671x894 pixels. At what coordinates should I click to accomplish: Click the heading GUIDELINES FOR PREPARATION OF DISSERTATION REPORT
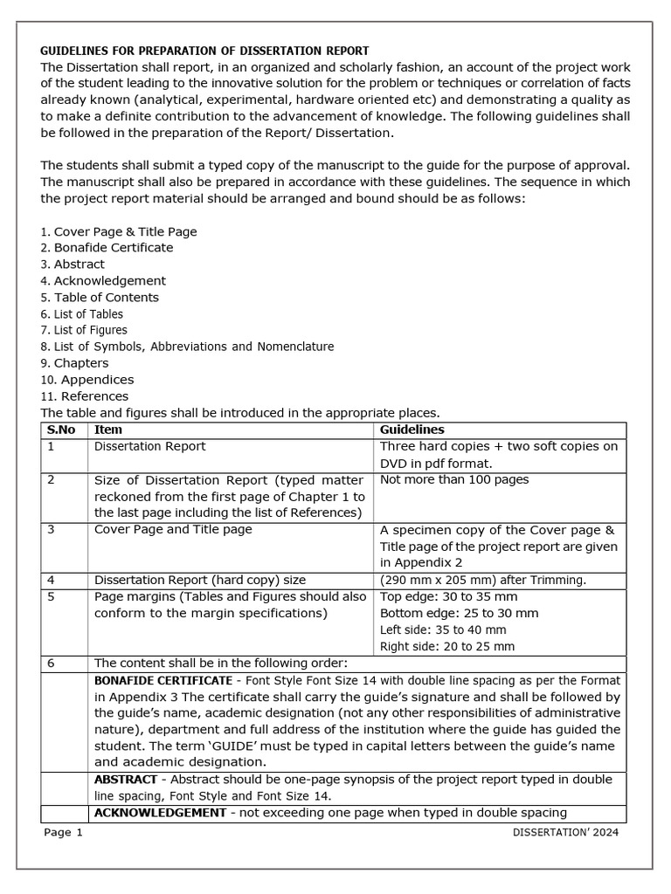click(x=204, y=51)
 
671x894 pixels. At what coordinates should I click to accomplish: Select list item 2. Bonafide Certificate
click(x=107, y=248)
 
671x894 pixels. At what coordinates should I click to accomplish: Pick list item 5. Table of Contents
click(x=100, y=298)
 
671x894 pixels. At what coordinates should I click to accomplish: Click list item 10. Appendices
click(x=87, y=380)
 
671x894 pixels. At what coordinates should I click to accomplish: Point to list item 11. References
click(x=86, y=396)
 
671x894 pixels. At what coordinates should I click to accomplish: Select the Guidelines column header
click(x=412, y=430)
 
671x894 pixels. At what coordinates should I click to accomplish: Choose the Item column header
click(x=108, y=430)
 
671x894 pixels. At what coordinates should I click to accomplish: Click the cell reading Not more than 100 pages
click(x=454, y=479)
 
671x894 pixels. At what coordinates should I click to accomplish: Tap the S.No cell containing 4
click(x=52, y=580)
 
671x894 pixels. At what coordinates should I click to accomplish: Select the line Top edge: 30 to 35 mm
click(x=449, y=597)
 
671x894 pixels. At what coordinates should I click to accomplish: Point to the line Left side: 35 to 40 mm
click(x=443, y=629)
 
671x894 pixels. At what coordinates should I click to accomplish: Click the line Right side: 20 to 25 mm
click(x=447, y=646)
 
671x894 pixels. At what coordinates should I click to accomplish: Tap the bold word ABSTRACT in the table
click(x=125, y=779)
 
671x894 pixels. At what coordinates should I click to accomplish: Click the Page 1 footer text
click(x=63, y=833)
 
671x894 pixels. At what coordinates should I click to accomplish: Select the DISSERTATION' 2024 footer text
click(x=565, y=833)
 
